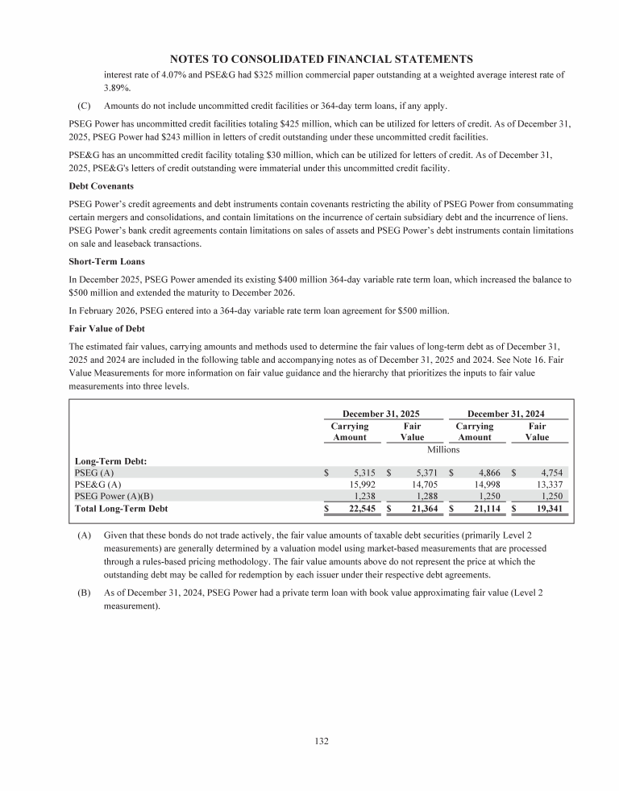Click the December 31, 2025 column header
coord(380,413)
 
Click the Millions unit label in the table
coord(442,449)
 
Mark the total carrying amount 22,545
coord(359,509)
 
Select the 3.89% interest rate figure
coord(117,89)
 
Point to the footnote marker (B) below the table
coord(84,593)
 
